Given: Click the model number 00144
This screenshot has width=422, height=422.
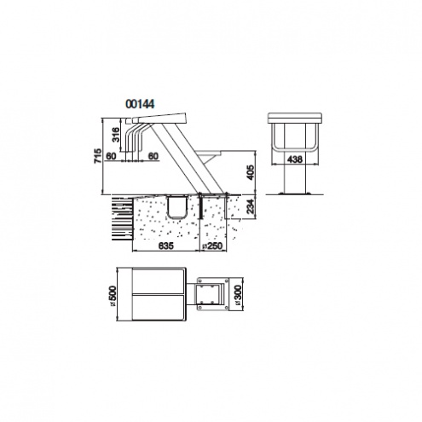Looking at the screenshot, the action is coord(140,104).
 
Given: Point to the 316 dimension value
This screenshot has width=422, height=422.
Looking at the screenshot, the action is coord(116,136).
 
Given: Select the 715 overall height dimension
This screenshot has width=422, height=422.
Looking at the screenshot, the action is coord(97,156).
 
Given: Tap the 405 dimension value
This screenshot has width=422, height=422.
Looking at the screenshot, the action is coord(251,172).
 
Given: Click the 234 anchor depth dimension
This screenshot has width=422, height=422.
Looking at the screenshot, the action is coord(251,206).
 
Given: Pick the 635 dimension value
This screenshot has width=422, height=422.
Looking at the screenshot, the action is coord(165,246).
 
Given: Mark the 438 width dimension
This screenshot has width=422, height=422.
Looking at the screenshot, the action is coord(295,159).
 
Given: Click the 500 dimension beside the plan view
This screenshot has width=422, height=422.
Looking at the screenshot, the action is coord(113,294).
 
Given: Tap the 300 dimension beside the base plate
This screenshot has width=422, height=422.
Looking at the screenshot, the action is coord(238,294).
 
